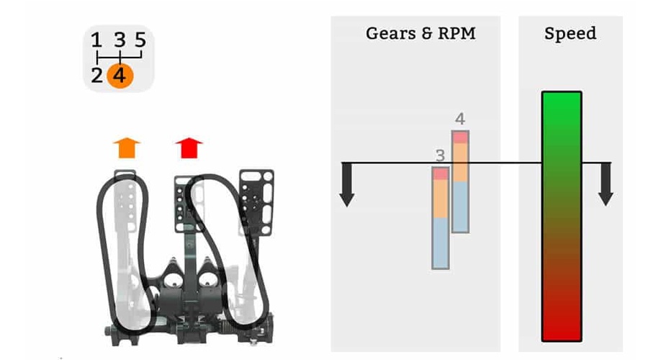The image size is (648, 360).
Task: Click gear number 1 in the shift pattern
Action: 96,40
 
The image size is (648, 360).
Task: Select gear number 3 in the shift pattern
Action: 120,40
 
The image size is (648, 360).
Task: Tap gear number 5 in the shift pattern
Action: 140,40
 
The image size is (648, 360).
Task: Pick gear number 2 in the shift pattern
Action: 96,76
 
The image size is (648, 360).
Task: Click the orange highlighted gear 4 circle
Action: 120,76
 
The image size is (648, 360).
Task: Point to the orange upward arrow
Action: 127,148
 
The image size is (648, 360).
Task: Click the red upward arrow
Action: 189,148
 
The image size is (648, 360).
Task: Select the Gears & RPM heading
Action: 420,33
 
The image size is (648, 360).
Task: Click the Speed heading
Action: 570,33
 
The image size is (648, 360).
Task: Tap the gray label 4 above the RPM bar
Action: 460,119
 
